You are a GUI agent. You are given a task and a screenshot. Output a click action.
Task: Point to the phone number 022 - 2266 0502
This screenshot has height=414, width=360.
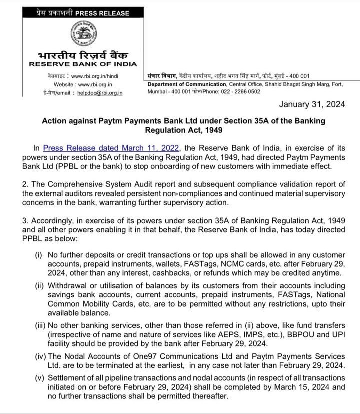240,92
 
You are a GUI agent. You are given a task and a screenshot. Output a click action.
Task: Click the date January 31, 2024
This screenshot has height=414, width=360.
316,105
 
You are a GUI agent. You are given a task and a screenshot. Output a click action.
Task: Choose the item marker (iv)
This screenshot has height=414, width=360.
39,356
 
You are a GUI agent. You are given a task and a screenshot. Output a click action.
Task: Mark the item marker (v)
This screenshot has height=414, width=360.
39,378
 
